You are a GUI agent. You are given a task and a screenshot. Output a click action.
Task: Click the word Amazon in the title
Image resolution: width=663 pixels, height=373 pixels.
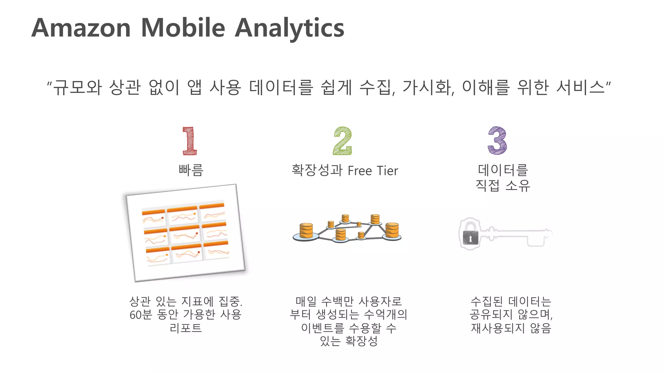pos(81,28)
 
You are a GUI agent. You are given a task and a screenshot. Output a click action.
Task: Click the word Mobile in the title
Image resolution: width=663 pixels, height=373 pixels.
pos(183,28)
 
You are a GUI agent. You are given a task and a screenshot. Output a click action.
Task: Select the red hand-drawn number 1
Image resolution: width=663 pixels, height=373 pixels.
pos(189,141)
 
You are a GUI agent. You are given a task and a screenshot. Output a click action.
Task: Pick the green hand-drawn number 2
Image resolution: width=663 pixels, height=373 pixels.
pos(343,141)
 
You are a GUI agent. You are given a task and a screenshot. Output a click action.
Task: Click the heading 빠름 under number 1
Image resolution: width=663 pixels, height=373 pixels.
pos(191,170)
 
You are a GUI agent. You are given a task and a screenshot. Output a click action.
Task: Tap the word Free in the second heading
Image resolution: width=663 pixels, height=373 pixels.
pos(360,171)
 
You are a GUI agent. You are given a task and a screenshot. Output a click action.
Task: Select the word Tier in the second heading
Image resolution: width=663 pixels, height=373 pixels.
pos(387,171)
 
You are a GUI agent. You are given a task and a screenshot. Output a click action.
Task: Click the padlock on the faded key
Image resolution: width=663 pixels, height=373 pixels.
pos(470,237)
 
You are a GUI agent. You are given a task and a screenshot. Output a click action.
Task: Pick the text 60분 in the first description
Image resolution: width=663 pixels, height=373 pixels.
pos(140,315)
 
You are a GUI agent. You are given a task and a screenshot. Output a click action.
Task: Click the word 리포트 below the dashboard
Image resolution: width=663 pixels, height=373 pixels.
pos(185,328)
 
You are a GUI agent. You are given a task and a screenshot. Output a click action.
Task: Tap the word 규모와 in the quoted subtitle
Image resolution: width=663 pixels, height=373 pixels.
pos(78,87)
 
